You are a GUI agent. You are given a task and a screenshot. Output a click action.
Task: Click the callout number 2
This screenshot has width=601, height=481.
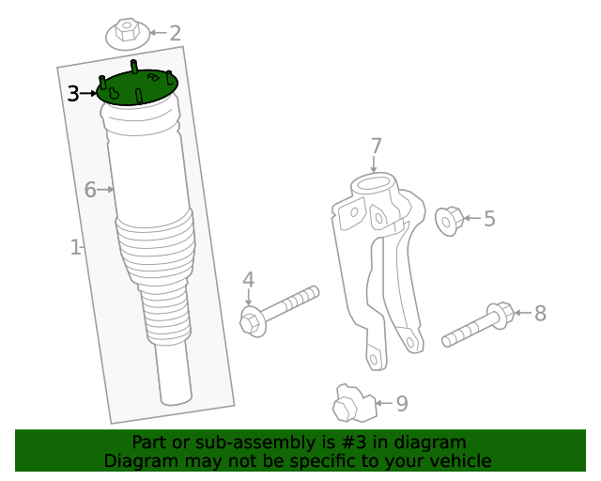pos(175,34)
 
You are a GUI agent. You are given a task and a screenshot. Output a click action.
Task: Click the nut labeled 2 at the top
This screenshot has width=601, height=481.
pos(127,35)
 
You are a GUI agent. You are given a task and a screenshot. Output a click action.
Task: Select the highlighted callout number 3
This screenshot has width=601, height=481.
pos(73,93)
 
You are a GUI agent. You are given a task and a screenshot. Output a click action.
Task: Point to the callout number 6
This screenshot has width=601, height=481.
pos(90,190)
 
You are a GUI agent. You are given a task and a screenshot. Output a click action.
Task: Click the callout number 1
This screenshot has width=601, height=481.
pos(75,247)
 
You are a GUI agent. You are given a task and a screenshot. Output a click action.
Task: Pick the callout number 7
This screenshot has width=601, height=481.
pos(376,147)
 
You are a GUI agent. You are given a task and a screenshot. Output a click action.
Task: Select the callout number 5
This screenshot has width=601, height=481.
pos(488,219)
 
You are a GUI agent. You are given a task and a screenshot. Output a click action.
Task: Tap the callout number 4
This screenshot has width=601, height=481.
pos(248,279)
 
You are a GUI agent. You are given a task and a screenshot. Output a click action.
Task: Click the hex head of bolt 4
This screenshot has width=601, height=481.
pos(250,321)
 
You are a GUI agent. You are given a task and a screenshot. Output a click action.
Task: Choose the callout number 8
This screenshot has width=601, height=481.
pos(540,314)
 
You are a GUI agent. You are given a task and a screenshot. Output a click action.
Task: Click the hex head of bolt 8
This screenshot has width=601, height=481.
pos(501,315)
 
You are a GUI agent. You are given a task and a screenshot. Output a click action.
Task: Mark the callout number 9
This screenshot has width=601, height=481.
pos(401,404)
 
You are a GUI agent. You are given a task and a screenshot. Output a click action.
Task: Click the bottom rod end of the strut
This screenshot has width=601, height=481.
pos(174,380)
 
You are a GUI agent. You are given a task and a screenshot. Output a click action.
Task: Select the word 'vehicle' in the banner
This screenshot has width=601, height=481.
pos(459,460)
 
